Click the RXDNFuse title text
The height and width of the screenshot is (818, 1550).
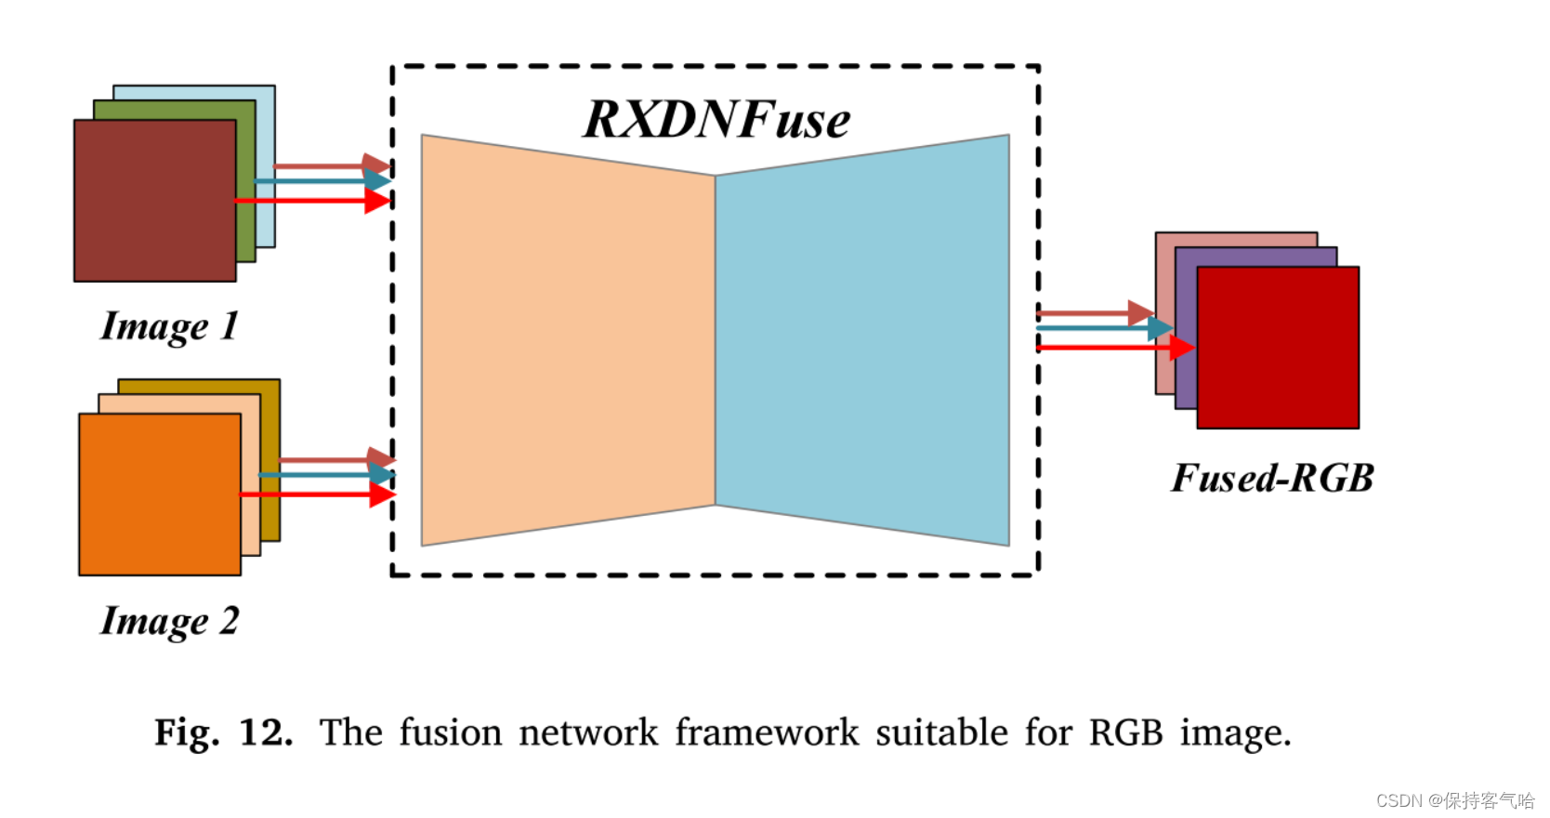click(716, 119)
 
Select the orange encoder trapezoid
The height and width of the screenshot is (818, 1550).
click(568, 340)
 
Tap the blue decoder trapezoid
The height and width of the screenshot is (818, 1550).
click(862, 340)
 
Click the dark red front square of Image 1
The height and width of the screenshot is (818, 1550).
click(154, 201)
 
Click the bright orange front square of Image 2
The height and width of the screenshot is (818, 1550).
click(159, 495)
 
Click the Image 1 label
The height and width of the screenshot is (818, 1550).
click(169, 326)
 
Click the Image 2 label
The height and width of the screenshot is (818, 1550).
click(169, 621)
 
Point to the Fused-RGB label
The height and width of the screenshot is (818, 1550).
click(1271, 478)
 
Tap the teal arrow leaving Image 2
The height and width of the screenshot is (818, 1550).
click(321, 475)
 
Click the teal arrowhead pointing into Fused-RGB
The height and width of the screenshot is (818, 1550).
click(1160, 328)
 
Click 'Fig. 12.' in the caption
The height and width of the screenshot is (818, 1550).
click(223, 732)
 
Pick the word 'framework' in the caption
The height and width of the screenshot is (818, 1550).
click(767, 732)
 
